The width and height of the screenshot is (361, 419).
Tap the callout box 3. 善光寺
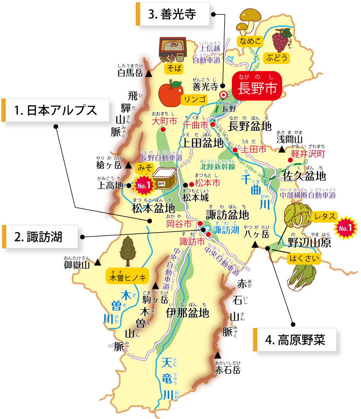pyautogui.click(x=172, y=14)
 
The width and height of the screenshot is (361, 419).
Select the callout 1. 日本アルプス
pyautogui.click(x=55, y=110)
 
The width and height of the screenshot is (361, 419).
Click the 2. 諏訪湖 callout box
pyautogui.click(x=39, y=236)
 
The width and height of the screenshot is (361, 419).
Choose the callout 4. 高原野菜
pyautogui.click(x=295, y=340)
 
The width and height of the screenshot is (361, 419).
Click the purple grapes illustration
pyautogui.click(x=281, y=39)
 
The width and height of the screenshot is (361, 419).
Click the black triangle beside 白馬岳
pyautogui.click(x=149, y=74)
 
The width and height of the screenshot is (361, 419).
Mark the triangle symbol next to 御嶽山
pyautogui.click(x=97, y=262)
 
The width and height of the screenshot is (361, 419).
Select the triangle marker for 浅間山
pyautogui.click(x=281, y=149)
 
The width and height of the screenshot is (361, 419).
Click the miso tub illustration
pyautogui.click(x=165, y=179)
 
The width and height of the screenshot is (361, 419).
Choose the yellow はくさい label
pyautogui.click(x=304, y=259)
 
